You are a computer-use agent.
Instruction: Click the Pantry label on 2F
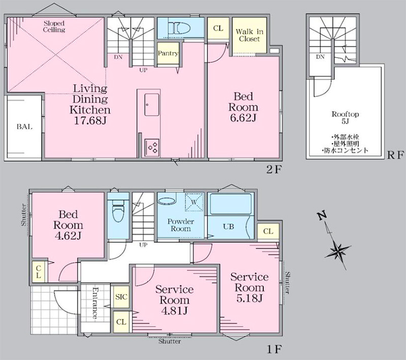pos(168,53)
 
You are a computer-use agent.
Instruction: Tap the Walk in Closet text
pos(249,35)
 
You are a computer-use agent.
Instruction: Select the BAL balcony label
pos(24,126)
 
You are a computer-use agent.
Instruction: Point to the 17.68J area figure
pos(90,121)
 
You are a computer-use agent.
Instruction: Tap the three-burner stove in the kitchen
pos(152,147)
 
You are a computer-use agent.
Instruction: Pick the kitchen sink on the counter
pos(152,105)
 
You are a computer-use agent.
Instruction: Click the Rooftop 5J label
pos(345,118)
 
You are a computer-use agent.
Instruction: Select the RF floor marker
pos(395,155)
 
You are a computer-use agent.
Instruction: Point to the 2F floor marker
pos(274,170)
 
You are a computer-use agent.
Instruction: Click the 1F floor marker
pos(274,349)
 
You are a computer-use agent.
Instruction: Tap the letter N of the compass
pos(322,216)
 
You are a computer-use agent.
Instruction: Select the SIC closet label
pos(121,297)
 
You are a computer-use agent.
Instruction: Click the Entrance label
pos(95,303)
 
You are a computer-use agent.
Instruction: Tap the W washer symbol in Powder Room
pos(194,202)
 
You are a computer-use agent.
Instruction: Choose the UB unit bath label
pos(228,227)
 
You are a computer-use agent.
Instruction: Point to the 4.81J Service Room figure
pos(174,311)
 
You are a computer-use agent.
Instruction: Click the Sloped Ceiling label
pos(54,26)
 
